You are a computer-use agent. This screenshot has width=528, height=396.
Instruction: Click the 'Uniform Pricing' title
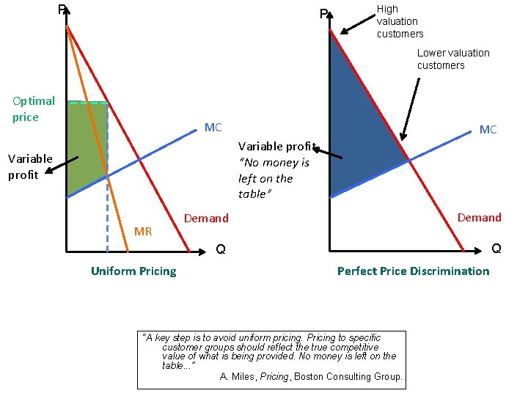tap(133, 271)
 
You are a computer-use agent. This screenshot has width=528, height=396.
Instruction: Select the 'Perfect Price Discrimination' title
tap(413, 271)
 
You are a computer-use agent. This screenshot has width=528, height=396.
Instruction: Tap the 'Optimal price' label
tap(34, 109)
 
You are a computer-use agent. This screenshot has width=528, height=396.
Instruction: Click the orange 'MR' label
tap(143, 232)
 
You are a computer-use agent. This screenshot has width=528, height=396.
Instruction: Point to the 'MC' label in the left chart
tap(213, 128)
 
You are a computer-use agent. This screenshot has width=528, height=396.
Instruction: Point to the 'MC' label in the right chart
tap(488, 130)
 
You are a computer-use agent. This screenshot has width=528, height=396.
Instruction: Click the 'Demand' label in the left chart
tap(206, 219)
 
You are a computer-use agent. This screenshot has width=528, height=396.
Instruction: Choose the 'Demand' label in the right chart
tap(480, 218)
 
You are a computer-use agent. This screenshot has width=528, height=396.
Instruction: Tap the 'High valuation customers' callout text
tap(400, 21)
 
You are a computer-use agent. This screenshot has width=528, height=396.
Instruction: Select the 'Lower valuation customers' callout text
tap(453, 59)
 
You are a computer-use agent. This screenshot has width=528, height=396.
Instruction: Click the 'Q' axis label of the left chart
tap(220, 252)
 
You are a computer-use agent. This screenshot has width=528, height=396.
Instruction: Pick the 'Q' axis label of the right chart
tap(496, 249)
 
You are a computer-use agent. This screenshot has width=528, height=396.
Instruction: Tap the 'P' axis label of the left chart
tap(62, 10)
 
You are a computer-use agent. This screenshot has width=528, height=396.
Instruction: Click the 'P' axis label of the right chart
tap(323, 14)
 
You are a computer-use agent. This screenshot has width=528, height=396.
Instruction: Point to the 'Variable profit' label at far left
tap(30, 166)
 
